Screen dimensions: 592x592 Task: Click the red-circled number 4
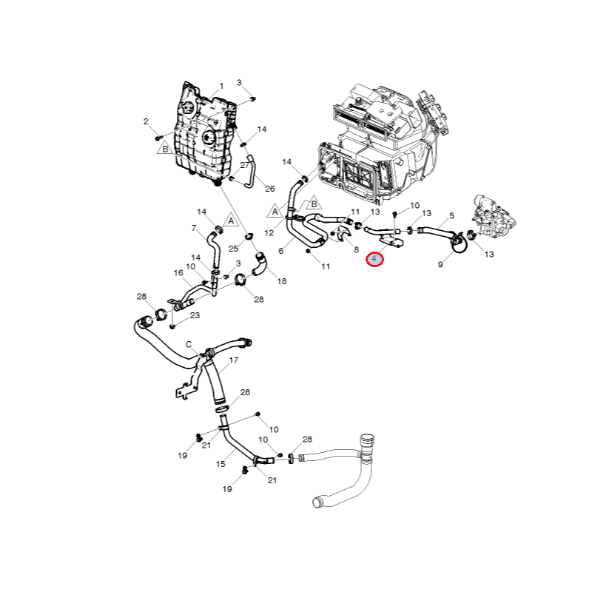pos(375,259)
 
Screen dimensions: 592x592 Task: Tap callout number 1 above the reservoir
pos(221,87)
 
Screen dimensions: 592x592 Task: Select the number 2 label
pos(147,121)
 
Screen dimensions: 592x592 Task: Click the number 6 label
pos(281,251)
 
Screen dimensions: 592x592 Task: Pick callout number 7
pos(194,228)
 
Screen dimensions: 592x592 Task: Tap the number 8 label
pos(356,250)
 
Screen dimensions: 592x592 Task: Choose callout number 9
pos(440,264)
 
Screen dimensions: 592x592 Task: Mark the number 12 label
pos(269,232)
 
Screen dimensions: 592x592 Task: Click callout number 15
pos(221,464)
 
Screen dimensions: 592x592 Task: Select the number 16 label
pos(178,273)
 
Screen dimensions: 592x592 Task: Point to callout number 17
pos(234,360)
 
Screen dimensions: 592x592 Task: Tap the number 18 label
pos(282,282)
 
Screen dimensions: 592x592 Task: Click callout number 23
pos(195,315)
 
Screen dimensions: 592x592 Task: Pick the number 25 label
pos(233,248)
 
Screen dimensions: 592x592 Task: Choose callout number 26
pos(269,189)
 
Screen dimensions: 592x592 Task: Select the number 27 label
pos(245,165)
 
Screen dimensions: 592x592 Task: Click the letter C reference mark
pos(189,344)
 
